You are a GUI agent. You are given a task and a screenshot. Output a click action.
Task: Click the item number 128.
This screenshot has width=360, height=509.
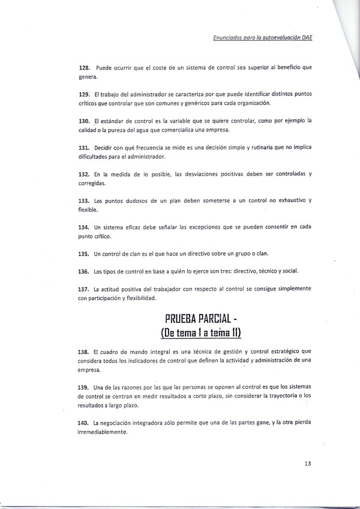[x=84, y=67]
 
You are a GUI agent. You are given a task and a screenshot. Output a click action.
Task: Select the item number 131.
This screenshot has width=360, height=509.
[x=84, y=148]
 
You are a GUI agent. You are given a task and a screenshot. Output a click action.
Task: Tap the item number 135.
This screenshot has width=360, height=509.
[x=84, y=254]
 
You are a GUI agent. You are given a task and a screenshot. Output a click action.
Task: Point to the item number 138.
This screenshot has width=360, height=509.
[x=84, y=351]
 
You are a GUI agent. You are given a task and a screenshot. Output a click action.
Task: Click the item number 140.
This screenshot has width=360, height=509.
[x=84, y=424]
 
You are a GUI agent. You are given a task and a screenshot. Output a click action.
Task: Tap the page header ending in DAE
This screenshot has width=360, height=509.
[x=264, y=37]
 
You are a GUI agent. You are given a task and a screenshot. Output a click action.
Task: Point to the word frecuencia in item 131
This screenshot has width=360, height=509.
[x=149, y=148]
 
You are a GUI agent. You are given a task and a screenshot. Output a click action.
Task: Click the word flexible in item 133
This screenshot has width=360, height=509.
[x=89, y=211]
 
